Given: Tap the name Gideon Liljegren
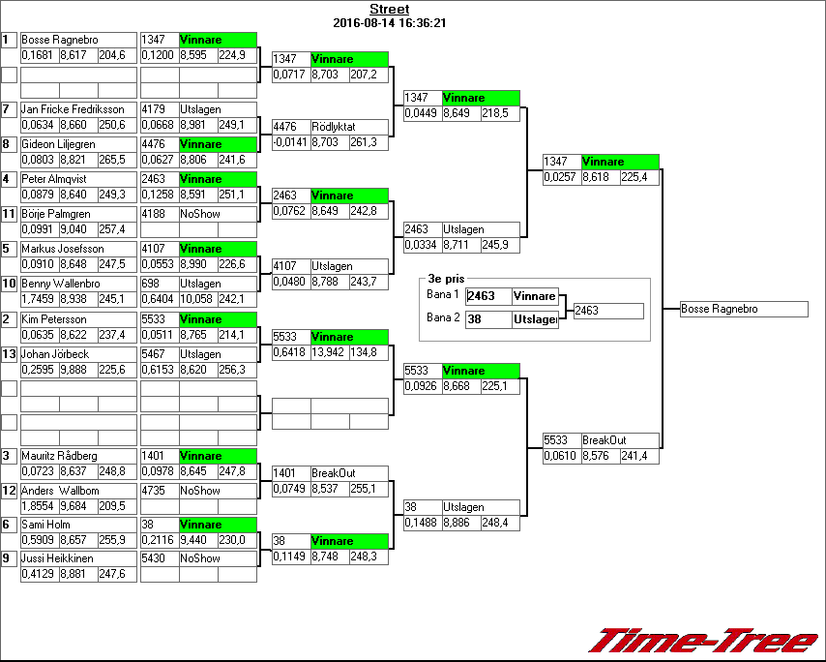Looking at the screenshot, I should [58, 144].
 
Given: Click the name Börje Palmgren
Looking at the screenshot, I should [57, 214].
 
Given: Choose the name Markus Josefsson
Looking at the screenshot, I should [61, 249].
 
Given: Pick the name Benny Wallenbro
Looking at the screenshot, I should [60, 284].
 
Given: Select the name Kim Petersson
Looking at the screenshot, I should [54, 319].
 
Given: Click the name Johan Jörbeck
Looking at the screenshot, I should [55, 354].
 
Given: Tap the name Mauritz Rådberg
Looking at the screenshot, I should [59, 456].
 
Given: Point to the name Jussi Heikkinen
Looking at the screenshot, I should [57, 558].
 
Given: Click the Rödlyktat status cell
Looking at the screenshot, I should [334, 127].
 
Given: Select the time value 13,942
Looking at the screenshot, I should [329, 352].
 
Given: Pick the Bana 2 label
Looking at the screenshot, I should [442, 317].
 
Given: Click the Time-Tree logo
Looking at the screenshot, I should [703, 641].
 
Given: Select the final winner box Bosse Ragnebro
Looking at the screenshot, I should [743, 310].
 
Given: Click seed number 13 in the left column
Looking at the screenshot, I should [9, 354].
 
